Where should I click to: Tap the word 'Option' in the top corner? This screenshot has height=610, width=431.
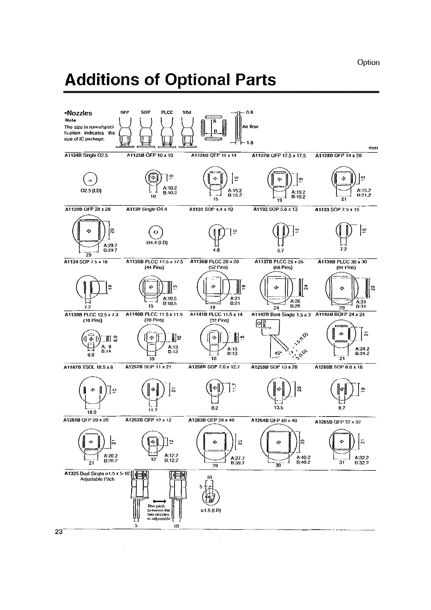368,62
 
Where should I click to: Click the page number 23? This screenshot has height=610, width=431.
59,532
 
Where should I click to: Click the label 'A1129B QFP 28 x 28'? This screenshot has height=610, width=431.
88,209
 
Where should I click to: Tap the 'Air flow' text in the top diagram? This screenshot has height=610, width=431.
250,126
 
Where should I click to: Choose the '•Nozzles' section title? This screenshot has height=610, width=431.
78,113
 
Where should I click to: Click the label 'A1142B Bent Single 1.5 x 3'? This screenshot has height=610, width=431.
281,314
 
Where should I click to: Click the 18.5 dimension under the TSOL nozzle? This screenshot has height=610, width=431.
92,412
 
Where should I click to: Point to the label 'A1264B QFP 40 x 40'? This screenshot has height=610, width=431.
274,421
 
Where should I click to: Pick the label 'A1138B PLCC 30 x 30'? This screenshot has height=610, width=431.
342,262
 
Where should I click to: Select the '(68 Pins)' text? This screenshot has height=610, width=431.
283,268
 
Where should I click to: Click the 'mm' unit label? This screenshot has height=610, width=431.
373,148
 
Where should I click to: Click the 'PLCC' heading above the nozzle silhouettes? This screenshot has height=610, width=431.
167,112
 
